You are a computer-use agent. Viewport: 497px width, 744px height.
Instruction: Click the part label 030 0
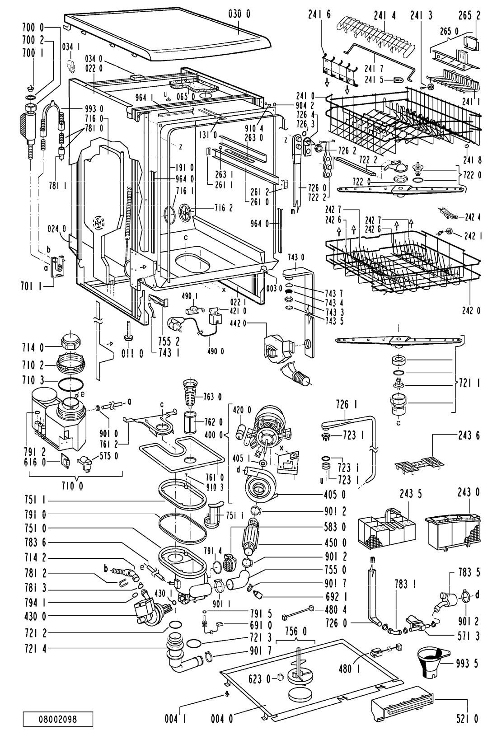[x=239, y=14]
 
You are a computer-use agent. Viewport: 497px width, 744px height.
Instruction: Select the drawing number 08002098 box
[x=58, y=719]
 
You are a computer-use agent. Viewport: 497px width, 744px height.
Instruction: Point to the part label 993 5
[x=467, y=664]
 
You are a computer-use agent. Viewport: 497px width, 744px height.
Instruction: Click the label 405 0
[x=335, y=495]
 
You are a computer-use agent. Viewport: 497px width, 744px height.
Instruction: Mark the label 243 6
[x=469, y=435]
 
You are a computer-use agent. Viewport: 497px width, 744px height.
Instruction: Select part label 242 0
[x=471, y=310]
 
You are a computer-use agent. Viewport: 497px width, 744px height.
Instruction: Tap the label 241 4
[x=384, y=15]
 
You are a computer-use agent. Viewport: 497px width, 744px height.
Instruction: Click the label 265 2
[x=469, y=15]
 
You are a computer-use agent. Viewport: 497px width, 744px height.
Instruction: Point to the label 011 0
[x=132, y=353]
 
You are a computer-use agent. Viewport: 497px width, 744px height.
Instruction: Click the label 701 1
[x=32, y=286]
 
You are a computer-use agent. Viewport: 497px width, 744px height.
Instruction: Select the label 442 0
[x=238, y=323]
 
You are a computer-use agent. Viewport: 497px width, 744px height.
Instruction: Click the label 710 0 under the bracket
[x=72, y=486]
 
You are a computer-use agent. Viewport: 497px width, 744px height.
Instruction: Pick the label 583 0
[x=335, y=527]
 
